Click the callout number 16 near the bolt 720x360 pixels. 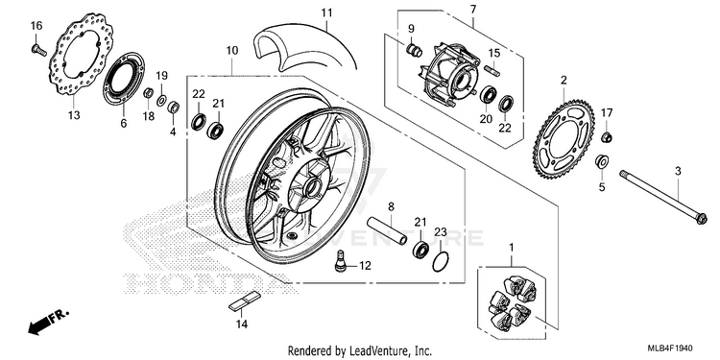tap(36, 26)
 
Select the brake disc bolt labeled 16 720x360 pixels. tap(39, 50)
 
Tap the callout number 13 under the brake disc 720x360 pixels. tap(74, 115)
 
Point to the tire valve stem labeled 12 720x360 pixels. tap(340, 261)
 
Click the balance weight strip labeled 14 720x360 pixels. tap(245, 302)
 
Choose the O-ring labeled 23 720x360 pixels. tap(441, 262)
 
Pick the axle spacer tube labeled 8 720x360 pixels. tap(387, 230)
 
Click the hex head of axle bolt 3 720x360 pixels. tap(701, 219)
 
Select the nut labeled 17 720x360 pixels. tap(607, 136)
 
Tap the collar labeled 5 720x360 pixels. tap(602, 161)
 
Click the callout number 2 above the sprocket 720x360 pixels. tap(564, 81)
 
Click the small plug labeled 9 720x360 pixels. tap(415, 50)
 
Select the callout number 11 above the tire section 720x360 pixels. tap(326, 12)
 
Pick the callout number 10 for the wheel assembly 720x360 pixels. tap(232, 51)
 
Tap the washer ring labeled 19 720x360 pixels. tap(161, 100)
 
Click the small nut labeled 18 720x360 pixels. tap(148, 93)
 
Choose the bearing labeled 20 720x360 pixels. tap(488, 95)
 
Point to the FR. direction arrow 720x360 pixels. tap(48, 322)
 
